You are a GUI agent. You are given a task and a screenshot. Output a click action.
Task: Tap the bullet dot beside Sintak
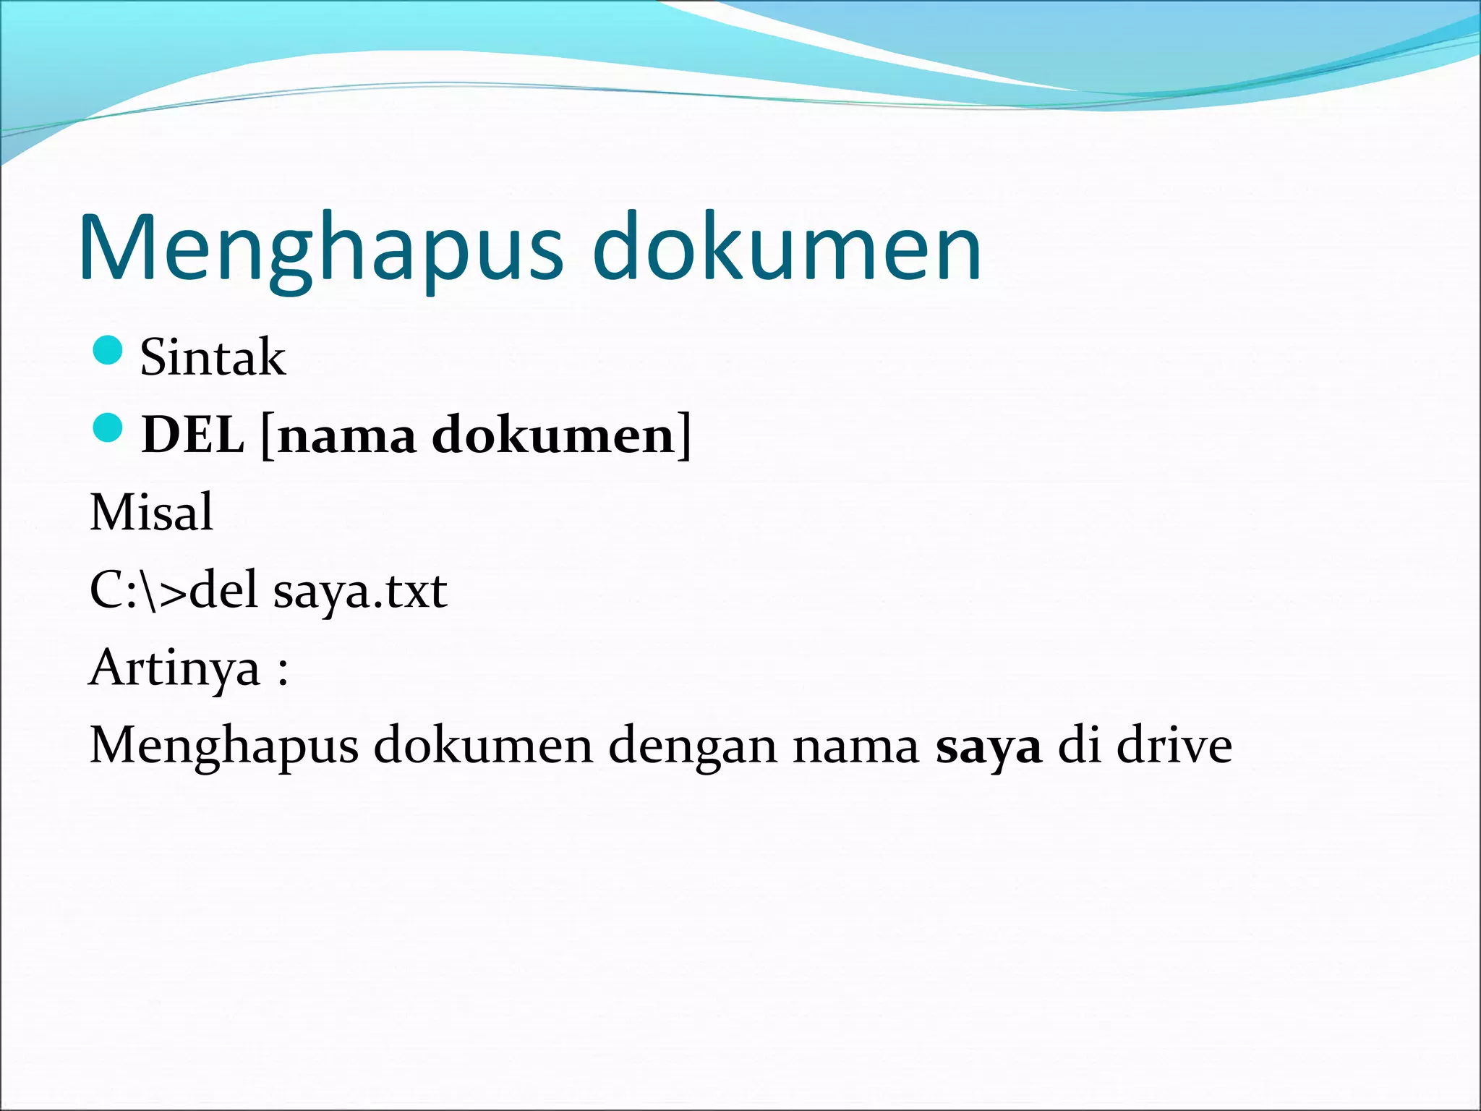point(108,351)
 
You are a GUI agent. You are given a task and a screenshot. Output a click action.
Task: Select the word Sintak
point(213,357)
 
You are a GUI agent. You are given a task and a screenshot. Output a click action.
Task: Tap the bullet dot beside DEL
point(108,428)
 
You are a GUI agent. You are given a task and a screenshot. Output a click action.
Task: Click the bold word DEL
point(192,435)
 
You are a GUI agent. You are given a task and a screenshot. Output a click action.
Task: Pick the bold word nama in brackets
point(346,436)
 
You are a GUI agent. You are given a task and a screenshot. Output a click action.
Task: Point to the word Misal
point(151,512)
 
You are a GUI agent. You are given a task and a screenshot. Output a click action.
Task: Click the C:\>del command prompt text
point(174,590)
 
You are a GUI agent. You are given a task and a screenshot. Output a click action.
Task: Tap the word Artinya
point(174,669)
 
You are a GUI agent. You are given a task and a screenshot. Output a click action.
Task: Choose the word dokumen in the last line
point(483,745)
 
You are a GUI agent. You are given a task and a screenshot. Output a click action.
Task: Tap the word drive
point(1174,745)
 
